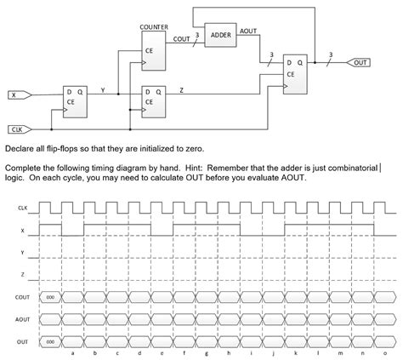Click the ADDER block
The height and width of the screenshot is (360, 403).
pos(220,36)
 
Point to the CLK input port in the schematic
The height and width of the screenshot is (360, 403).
pos(18,129)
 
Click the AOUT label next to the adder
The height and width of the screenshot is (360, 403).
pos(249,31)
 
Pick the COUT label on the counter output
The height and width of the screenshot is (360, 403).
pos(181,39)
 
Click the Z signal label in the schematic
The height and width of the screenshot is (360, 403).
pos(181,89)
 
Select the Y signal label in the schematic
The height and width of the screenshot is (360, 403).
pos(103,89)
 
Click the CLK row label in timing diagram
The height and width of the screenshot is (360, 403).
pos(20,208)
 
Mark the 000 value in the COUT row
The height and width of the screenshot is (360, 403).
pos(51,296)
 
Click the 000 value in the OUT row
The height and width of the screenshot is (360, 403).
pos(51,340)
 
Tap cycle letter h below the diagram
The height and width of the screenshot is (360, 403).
pos(228,353)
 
